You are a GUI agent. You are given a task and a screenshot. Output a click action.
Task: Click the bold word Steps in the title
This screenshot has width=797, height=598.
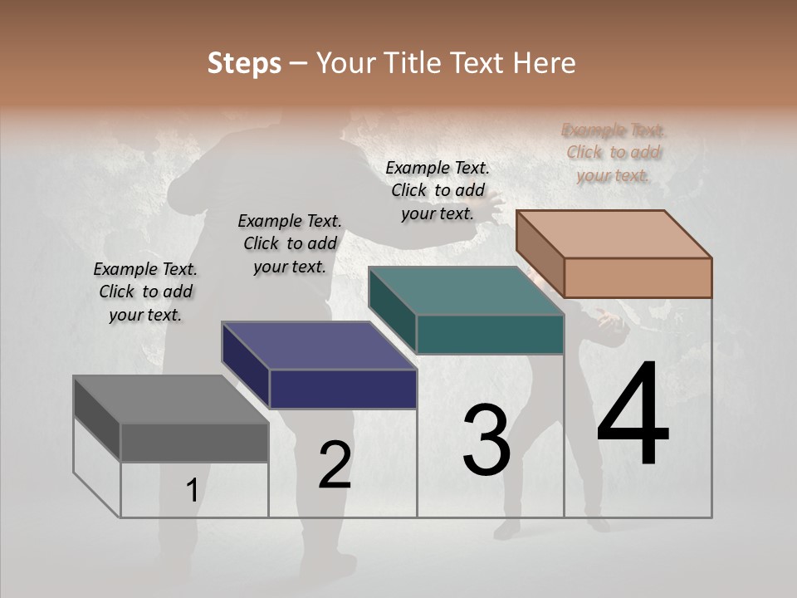(244, 63)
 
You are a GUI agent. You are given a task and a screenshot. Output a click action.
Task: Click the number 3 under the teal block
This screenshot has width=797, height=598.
(487, 440)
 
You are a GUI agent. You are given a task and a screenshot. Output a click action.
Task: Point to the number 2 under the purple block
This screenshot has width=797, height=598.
(335, 465)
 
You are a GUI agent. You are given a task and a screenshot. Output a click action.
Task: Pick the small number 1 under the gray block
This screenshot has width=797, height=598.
(192, 491)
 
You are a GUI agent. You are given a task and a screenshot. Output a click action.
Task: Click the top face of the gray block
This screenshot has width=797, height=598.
(170, 399)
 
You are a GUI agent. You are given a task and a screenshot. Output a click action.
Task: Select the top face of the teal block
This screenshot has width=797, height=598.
(466, 292)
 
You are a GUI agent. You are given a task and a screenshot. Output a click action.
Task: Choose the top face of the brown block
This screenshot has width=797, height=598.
(614, 234)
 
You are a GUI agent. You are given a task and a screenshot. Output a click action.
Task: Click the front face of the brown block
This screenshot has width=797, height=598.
(638, 277)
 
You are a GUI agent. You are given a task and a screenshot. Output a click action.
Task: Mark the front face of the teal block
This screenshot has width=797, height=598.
(490, 335)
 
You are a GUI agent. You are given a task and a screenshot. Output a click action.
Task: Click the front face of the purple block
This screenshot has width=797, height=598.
(343, 389)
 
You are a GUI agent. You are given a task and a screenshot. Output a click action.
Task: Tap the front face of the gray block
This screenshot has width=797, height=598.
(194, 443)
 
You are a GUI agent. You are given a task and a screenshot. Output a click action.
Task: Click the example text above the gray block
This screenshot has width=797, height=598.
(145, 292)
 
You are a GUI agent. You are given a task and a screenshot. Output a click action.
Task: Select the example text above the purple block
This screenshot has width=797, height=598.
(290, 243)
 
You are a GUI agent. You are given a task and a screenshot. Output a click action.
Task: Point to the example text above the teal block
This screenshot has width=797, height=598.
(438, 190)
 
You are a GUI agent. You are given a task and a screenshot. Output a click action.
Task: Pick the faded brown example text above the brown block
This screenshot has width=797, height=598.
(614, 152)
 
